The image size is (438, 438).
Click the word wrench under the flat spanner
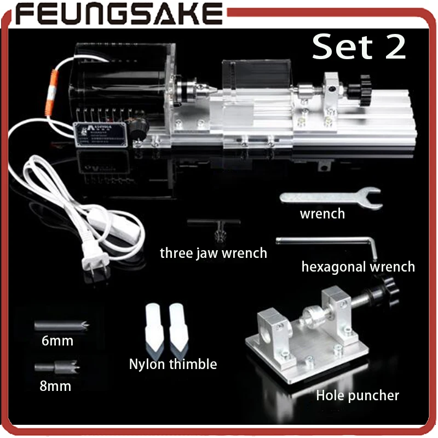tap(322, 214)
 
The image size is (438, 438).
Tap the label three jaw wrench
tap(213, 253)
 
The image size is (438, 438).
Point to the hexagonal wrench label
tap(358, 267)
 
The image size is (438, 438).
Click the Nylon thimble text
tap(173, 364)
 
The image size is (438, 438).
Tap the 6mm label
tap(57, 342)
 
